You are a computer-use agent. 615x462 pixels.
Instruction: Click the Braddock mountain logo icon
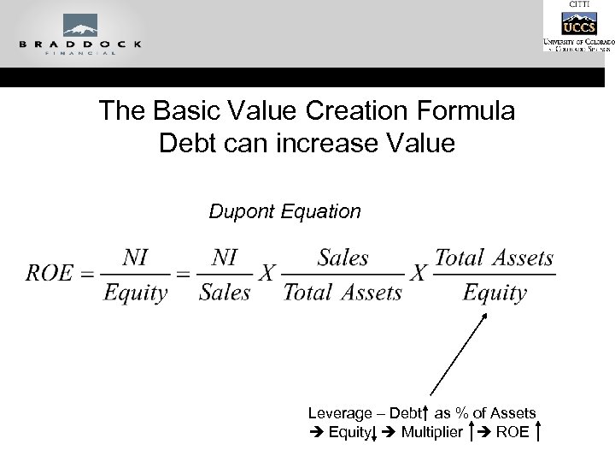[x=79, y=26]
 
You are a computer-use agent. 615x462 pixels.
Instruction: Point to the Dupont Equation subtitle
[x=284, y=211]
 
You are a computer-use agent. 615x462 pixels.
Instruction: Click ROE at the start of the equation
[x=49, y=273]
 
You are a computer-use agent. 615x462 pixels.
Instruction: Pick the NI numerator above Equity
[x=136, y=257]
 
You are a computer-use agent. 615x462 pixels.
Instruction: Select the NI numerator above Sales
[x=225, y=257]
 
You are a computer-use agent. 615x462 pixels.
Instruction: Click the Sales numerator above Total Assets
[x=343, y=257]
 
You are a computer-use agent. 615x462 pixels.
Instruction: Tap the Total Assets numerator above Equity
[x=494, y=257]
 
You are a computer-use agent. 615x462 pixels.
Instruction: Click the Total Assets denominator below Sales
[x=342, y=293]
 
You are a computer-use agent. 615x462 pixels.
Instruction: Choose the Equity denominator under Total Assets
[x=494, y=293]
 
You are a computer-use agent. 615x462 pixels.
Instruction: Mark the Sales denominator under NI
[x=225, y=293]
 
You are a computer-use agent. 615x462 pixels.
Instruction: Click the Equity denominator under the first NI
[x=136, y=293]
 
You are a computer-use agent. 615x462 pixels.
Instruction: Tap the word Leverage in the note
[x=338, y=413]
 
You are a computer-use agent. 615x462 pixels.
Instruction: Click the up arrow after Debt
[x=425, y=413]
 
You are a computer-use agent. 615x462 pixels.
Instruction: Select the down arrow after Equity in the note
[x=375, y=432]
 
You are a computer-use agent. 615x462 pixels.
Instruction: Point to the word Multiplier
[x=431, y=431]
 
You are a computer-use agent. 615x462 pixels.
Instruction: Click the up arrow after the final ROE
[x=538, y=431]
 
